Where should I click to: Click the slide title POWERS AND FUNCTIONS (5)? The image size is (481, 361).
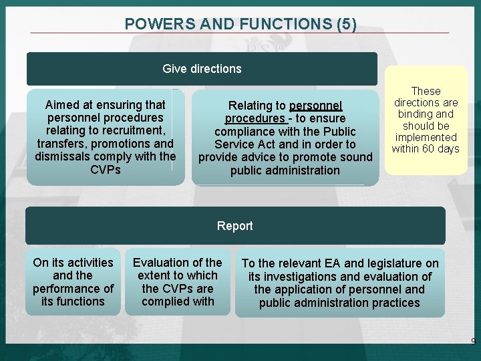240,24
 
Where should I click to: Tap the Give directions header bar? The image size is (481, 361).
202,69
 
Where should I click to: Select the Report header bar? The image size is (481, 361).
234,226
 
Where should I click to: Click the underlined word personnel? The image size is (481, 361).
316,106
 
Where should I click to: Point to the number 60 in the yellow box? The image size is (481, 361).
428,148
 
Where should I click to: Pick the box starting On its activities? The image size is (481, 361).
73,282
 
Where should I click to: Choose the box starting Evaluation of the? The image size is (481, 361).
177,282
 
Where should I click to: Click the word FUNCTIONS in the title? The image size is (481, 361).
283,24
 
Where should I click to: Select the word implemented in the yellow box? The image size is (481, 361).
426,137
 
